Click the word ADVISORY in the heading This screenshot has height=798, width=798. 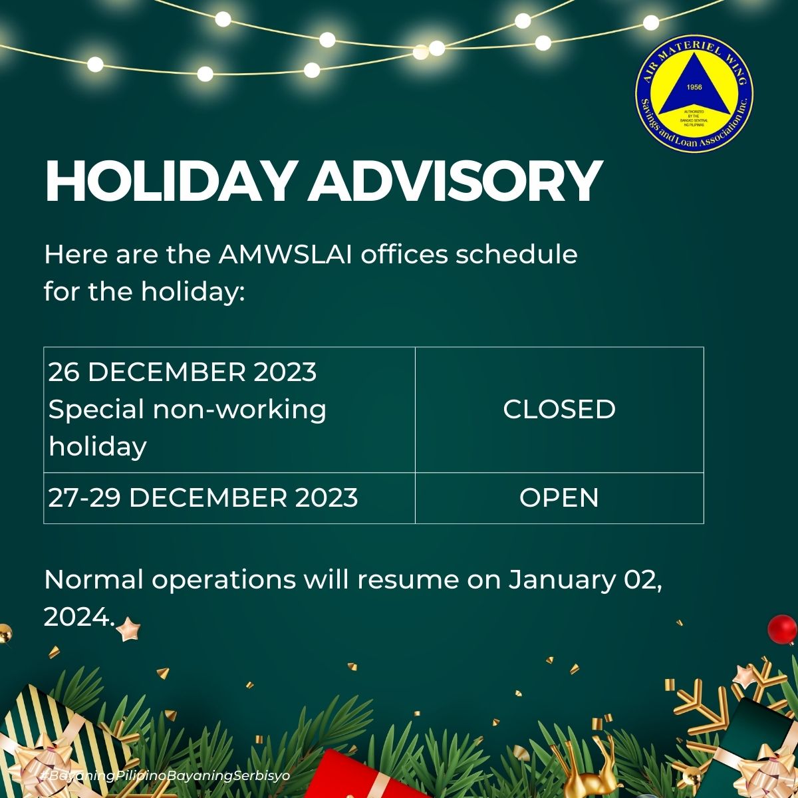(x=455, y=182)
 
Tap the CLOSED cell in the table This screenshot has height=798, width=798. (x=559, y=409)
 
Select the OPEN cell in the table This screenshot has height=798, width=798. (x=559, y=498)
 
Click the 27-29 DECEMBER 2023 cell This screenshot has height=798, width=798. (x=203, y=498)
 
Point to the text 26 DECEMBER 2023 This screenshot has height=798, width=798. (x=182, y=372)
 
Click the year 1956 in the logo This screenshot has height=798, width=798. (x=694, y=88)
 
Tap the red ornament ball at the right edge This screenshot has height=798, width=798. (x=781, y=628)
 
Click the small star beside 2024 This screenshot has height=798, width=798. (x=127, y=628)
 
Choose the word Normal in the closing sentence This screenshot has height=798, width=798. (x=93, y=580)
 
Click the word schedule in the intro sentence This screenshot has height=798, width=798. (x=516, y=255)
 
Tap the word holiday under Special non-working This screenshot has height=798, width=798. (x=97, y=446)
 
